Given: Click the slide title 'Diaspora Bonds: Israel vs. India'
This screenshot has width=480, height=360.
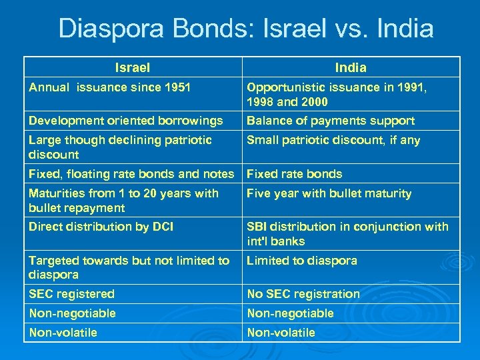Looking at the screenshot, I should point(246,29).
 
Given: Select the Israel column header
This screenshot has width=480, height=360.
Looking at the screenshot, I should point(132,67).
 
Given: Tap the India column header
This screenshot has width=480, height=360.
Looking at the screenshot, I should point(351,67).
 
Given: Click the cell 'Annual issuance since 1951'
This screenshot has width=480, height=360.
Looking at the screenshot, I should point(109,87).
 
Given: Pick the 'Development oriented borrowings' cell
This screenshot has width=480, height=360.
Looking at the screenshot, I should point(125,121).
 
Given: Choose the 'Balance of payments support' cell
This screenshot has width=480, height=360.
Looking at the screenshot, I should point(331,121).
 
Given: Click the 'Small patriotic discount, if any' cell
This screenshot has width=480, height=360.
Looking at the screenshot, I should point(333,140).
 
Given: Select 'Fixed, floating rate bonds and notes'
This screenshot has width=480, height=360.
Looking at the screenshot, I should point(131,174).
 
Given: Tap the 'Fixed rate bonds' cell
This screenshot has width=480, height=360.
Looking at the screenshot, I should point(294,174).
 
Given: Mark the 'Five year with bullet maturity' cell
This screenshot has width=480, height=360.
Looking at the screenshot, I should point(329,193).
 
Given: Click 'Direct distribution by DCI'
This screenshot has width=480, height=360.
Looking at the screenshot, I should point(101,227).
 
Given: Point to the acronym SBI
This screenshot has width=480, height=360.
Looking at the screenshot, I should point(258,227).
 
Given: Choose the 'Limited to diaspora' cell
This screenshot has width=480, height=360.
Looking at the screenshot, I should point(302,261).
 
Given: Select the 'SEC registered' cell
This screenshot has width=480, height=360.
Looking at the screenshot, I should point(71,294).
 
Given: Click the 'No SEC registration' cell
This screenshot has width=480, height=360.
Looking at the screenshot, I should point(303,294).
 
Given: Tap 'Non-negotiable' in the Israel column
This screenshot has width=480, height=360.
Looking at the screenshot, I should point(72,313).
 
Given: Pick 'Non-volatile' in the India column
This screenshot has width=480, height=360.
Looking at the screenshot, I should point(281,333).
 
